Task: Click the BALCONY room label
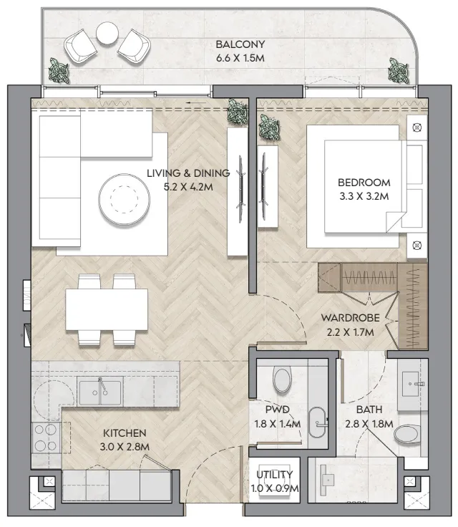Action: [240, 44]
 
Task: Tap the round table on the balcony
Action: [107, 33]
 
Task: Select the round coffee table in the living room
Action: [125, 199]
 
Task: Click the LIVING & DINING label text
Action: [188, 173]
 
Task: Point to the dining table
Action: [107, 309]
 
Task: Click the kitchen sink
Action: [99, 392]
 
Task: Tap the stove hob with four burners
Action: [46, 437]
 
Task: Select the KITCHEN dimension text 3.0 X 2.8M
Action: [125, 447]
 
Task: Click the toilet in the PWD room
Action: [282, 379]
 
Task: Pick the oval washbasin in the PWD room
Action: [317, 422]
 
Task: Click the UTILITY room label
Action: [275, 475]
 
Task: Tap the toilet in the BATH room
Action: [407, 434]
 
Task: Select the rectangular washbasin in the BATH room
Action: [411, 384]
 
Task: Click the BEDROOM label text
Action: [364, 183]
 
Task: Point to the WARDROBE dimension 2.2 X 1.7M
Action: [351, 332]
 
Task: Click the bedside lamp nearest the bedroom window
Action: [417, 127]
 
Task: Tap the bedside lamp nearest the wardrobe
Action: [417, 246]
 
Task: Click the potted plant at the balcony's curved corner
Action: [399, 71]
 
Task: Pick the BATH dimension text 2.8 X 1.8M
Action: [369, 424]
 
